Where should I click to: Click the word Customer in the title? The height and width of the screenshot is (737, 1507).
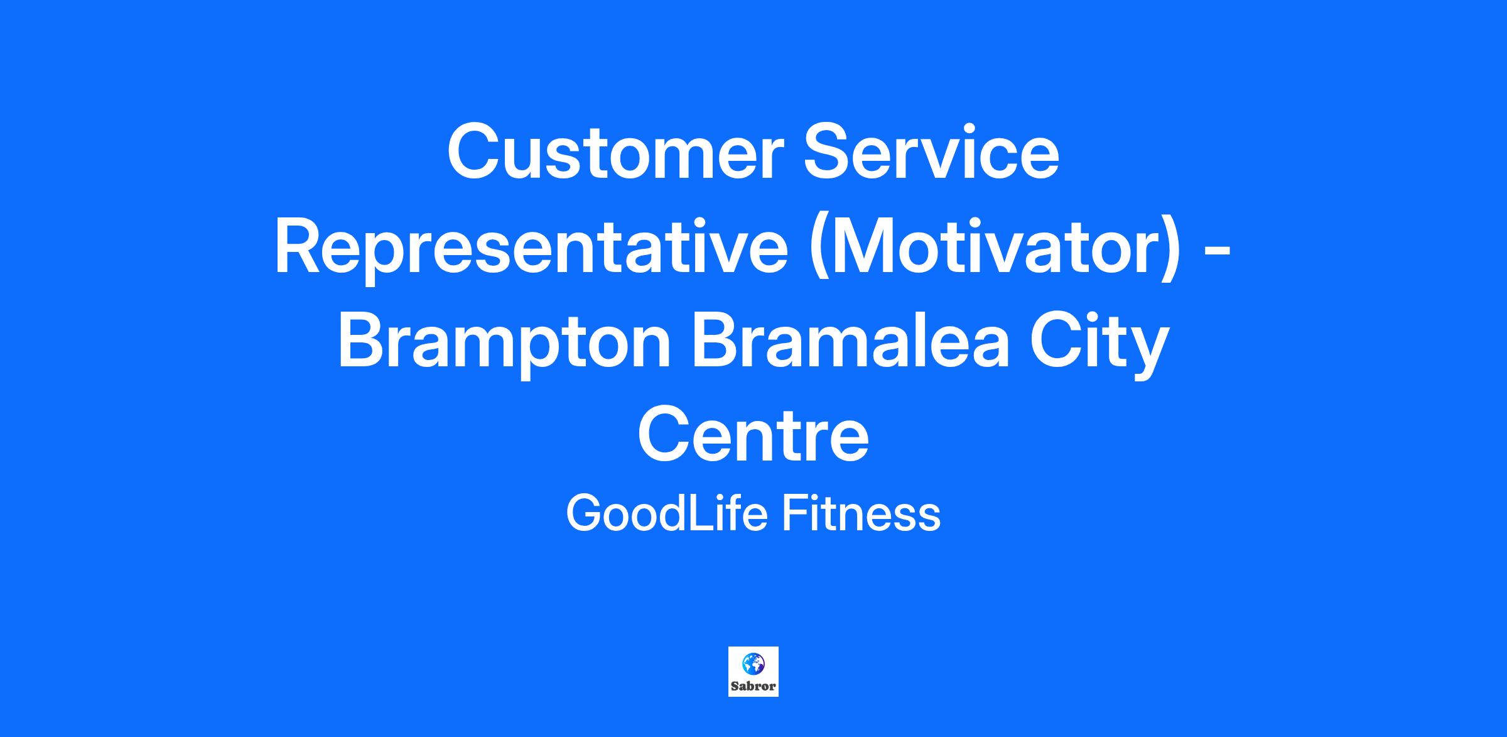click(615, 153)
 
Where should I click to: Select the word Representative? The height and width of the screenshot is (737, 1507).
click(531, 247)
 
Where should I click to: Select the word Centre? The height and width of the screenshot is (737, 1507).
click(753, 435)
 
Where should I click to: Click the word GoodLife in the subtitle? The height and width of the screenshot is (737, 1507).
click(667, 513)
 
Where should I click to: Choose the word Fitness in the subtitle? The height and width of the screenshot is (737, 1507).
click(861, 513)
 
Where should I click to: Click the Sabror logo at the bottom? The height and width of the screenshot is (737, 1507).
click(753, 672)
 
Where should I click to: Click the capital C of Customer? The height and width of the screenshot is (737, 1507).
click(474, 153)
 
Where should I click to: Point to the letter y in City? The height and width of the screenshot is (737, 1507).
click(1150, 352)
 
